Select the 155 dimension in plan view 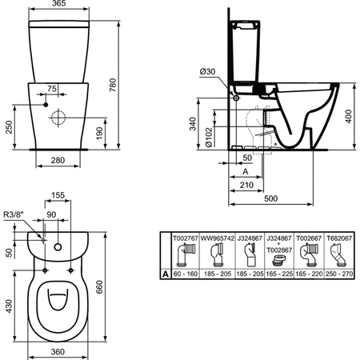coord(58,194)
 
